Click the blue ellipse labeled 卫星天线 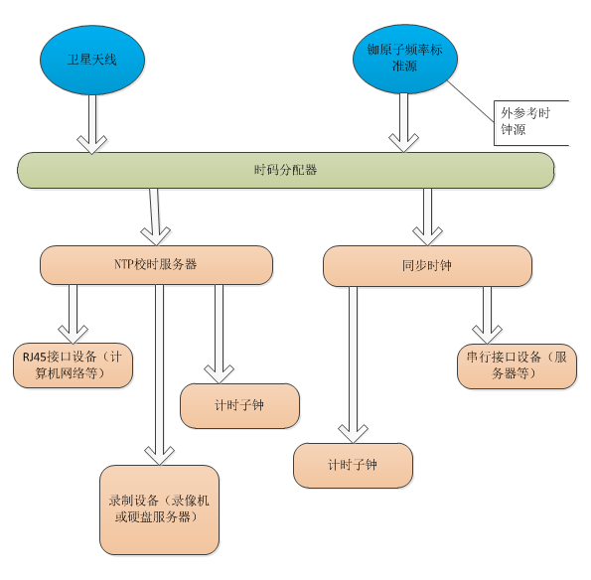coord(92,60)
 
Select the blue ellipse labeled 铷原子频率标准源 coord(405,59)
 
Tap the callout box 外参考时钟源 coord(531,123)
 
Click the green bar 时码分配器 coord(286,171)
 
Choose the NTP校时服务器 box coord(156,265)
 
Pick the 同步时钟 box coord(427,266)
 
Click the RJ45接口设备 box coord(74,365)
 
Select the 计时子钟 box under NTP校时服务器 coord(239,406)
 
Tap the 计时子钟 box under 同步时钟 coord(354,466)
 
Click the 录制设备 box coord(160,509)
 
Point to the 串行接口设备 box coord(517,365)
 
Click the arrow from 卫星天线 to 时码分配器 coord(92,124)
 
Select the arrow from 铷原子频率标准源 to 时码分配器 coord(403,123)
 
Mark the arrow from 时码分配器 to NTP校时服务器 coord(155,217)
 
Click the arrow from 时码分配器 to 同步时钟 coord(427,217)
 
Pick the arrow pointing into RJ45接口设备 coord(74,314)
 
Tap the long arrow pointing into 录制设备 coord(160,375)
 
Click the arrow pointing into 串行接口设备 coord(487,315)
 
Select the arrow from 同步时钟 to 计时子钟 coord(354,364)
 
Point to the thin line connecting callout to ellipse coord(471,101)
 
